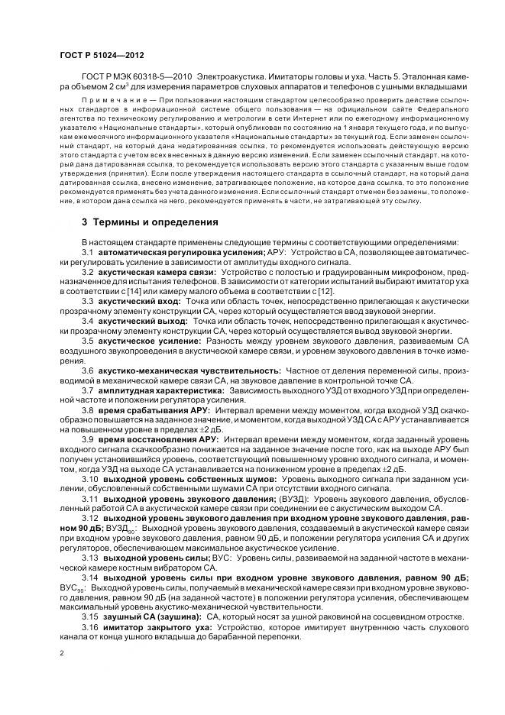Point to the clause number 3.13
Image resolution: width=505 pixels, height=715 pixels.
coord(90,558)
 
